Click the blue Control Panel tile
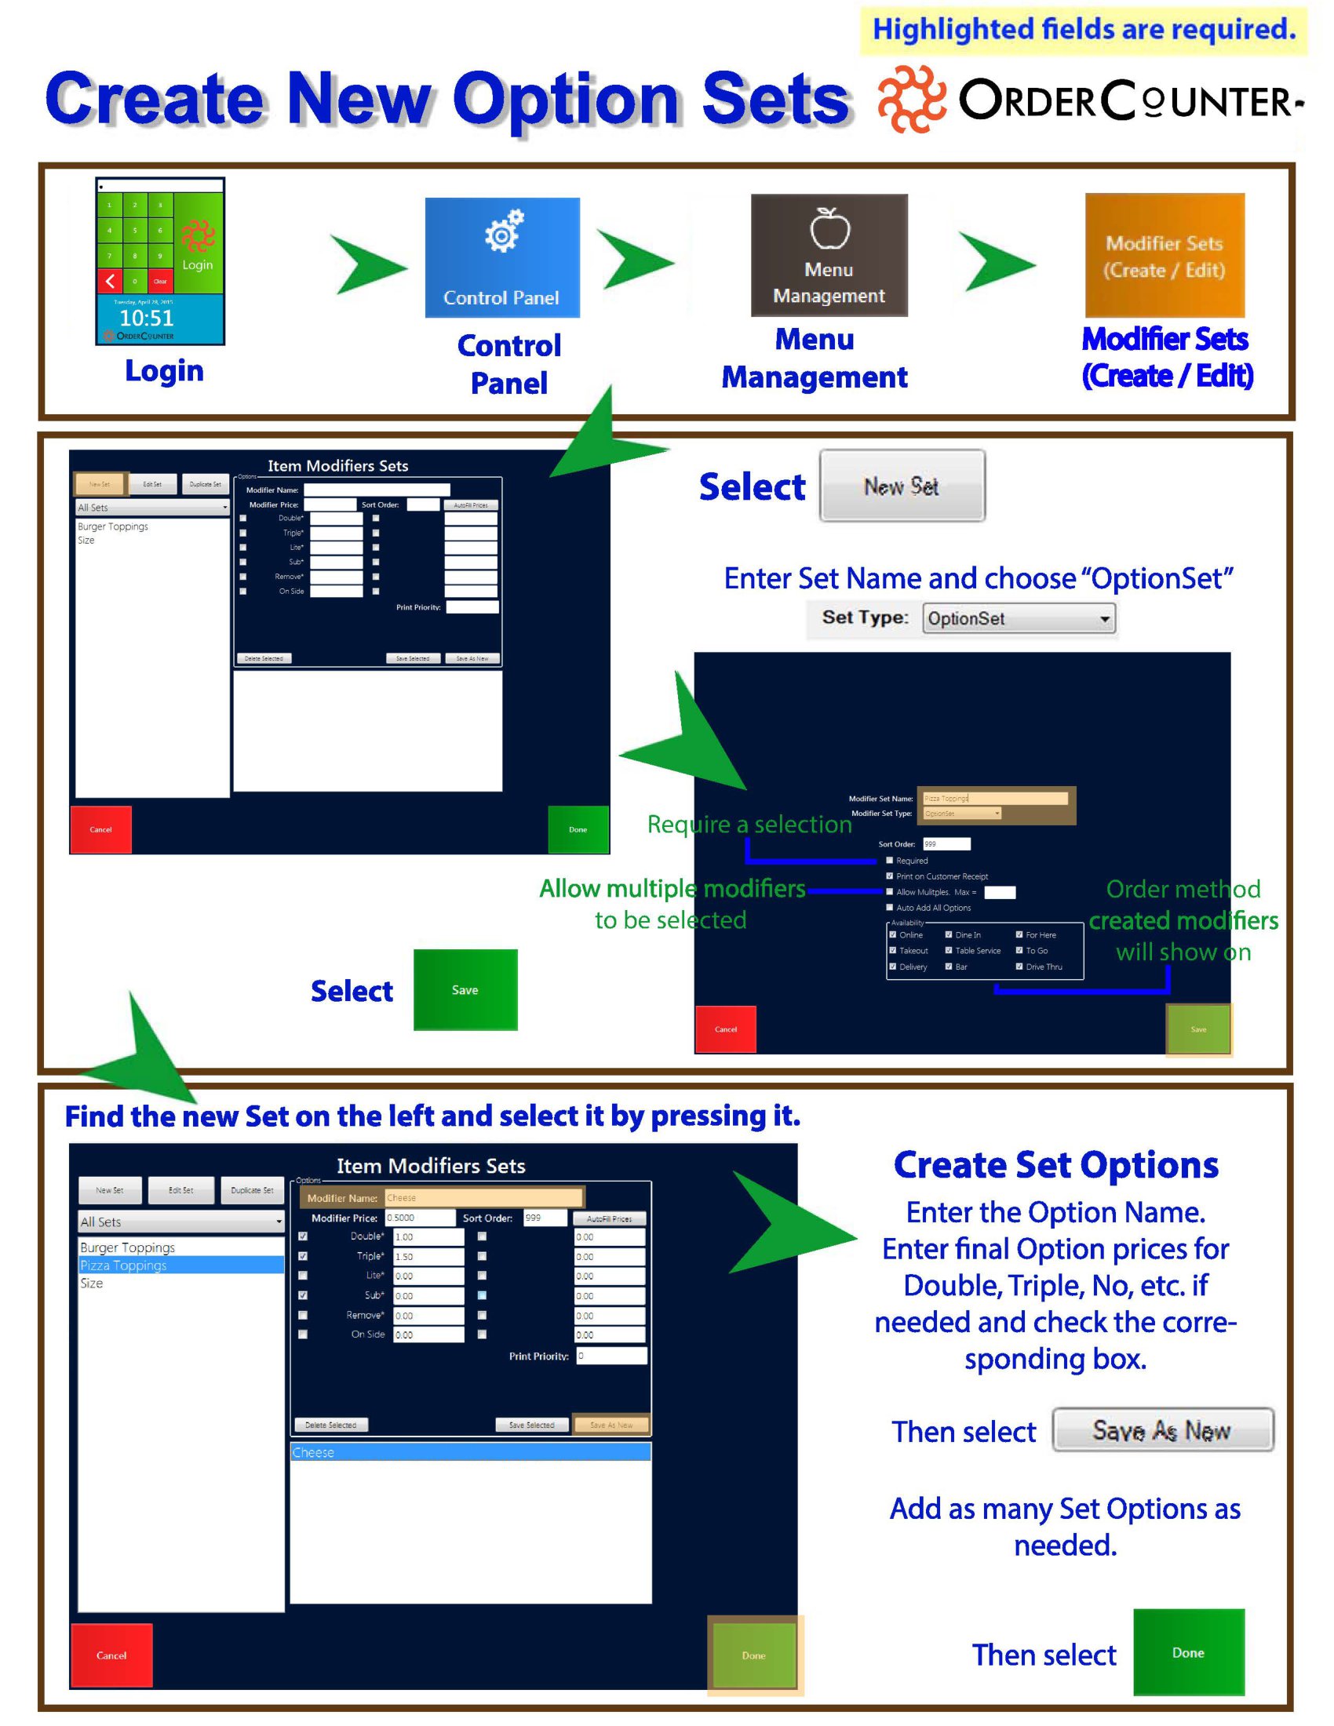(x=502, y=257)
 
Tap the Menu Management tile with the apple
(x=828, y=255)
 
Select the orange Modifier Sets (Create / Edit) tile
(x=1164, y=255)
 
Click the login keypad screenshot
(x=159, y=260)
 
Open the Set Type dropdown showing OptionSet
(x=1019, y=619)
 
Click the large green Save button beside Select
(x=465, y=989)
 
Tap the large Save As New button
(x=1162, y=1429)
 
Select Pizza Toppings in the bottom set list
(x=180, y=1265)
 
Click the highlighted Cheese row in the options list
(x=470, y=1452)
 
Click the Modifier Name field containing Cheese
(x=483, y=1198)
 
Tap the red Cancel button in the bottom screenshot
(x=111, y=1655)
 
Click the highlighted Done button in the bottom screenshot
(x=754, y=1655)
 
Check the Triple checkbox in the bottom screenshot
(x=303, y=1257)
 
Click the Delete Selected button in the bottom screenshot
(x=330, y=1425)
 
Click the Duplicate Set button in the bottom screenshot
(x=252, y=1190)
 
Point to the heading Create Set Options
(x=1055, y=1165)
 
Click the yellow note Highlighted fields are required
(x=1084, y=30)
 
